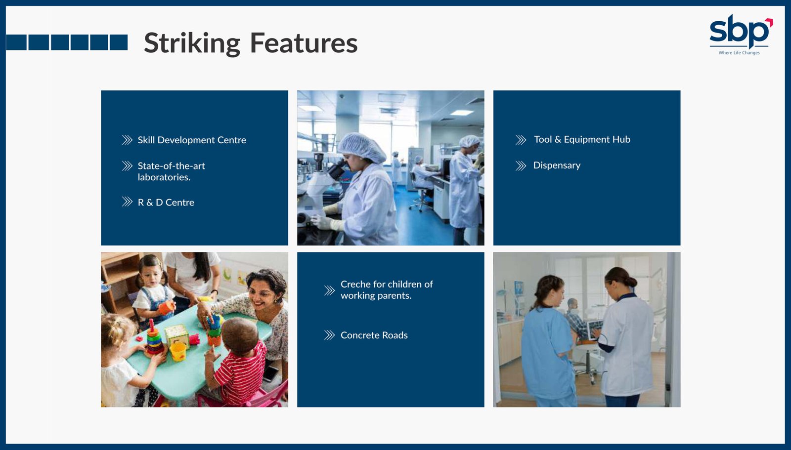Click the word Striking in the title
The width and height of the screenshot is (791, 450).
click(x=192, y=43)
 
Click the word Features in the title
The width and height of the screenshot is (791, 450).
click(x=304, y=43)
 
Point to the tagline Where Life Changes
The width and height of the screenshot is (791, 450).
click(x=739, y=52)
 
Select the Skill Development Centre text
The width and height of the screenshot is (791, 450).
click(x=192, y=140)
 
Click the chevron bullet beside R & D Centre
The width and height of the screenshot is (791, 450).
click(x=127, y=202)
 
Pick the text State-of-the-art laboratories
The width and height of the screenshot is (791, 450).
click(x=171, y=171)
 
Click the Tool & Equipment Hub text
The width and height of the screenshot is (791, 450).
click(x=582, y=139)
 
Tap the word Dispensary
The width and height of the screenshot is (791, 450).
click(x=557, y=165)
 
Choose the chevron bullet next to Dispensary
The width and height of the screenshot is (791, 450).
click(x=521, y=165)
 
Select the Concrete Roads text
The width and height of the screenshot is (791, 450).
click(x=374, y=335)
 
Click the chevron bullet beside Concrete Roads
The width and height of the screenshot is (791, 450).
click(x=329, y=335)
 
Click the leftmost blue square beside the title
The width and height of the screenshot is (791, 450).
click(x=16, y=42)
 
